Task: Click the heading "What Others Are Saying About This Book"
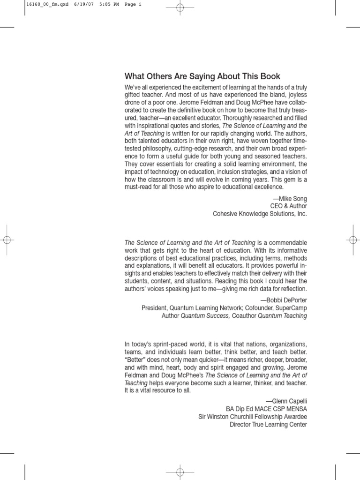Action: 202,76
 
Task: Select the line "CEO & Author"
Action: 289,206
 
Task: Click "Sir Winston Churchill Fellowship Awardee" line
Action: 252,417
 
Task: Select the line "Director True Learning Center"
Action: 268,425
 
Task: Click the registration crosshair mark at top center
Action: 180,7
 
